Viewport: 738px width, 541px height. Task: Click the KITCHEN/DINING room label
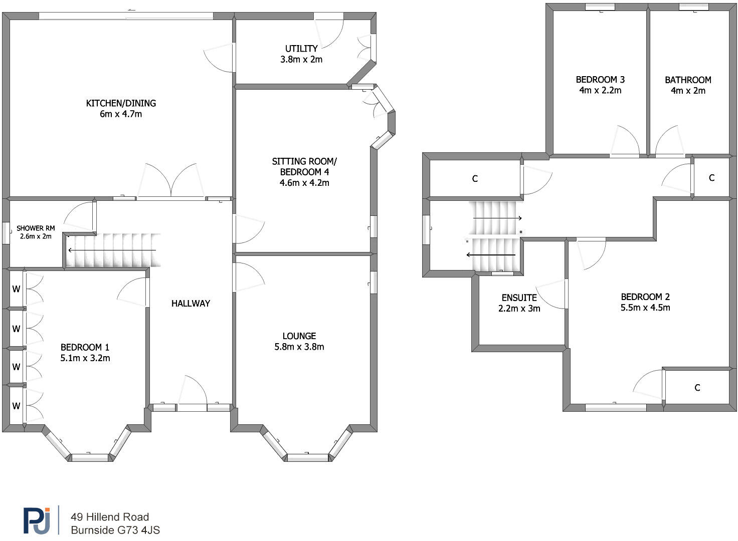pyautogui.click(x=121, y=103)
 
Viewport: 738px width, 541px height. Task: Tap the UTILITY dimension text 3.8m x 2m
pyautogui.click(x=301, y=60)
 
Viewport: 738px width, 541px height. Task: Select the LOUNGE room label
pyautogui.click(x=299, y=336)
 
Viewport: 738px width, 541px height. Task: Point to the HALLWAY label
pyautogui.click(x=191, y=303)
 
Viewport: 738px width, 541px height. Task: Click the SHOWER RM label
pyautogui.click(x=36, y=228)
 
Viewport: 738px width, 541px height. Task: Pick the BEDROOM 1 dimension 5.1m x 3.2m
pyautogui.click(x=85, y=358)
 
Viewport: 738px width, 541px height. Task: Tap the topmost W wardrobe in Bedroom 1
pyautogui.click(x=17, y=289)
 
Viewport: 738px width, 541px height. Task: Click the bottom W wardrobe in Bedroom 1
pyautogui.click(x=17, y=406)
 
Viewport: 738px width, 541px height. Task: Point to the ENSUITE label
pyautogui.click(x=519, y=298)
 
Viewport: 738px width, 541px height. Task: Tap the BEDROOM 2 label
pyautogui.click(x=645, y=297)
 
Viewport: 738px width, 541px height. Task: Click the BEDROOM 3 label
pyautogui.click(x=600, y=80)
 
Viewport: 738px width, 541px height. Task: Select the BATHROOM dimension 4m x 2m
pyautogui.click(x=688, y=91)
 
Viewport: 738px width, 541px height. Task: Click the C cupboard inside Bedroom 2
pyautogui.click(x=697, y=388)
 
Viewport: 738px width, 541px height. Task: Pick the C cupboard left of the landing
pyautogui.click(x=475, y=179)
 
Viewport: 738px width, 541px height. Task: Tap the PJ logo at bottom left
pyautogui.click(x=37, y=521)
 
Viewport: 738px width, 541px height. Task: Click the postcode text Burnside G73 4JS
pyautogui.click(x=115, y=530)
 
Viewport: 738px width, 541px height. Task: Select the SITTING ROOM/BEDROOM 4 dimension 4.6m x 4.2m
pyautogui.click(x=304, y=183)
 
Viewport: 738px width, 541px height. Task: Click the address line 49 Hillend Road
pyautogui.click(x=110, y=517)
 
